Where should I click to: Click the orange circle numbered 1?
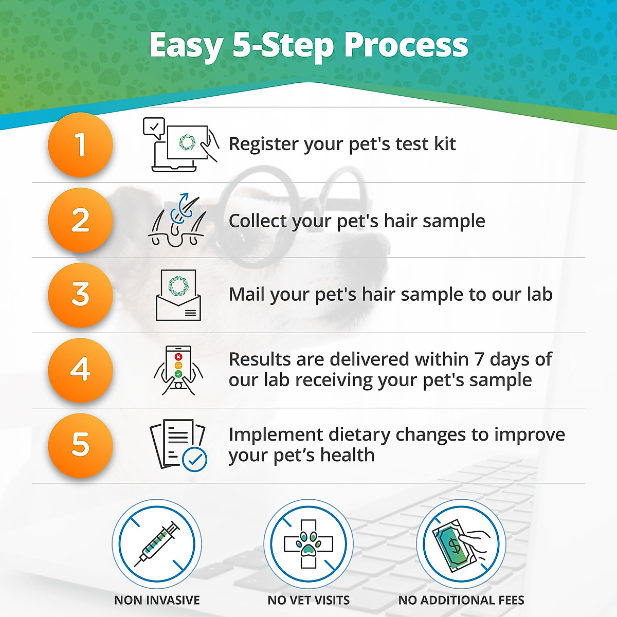[x=80, y=144]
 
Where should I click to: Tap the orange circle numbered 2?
[x=80, y=220]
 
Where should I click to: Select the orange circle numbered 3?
[x=80, y=295]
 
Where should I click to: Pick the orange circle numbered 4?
[x=80, y=370]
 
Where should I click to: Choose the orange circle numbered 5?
[x=80, y=445]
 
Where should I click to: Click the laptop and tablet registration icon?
[x=180, y=144]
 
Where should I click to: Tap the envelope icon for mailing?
[x=178, y=295]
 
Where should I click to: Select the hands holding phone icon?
[x=178, y=370]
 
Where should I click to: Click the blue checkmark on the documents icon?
[x=195, y=460]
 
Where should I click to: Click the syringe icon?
[x=157, y=544]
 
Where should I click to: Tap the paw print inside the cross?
[x=308, y=543]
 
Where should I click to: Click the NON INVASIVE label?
[x=157, y=600]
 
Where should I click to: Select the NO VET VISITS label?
[x=308, y=600]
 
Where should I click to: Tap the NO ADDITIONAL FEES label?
[x=461, y=600]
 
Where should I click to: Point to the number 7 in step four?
[x=479, y=359]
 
